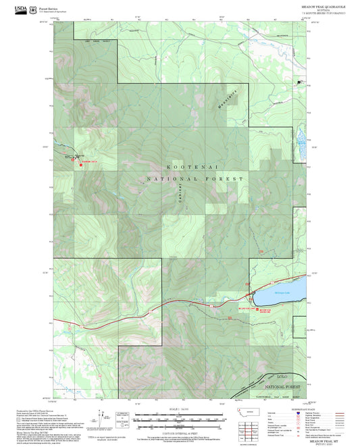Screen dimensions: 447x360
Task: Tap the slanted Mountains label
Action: (220, 107)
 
